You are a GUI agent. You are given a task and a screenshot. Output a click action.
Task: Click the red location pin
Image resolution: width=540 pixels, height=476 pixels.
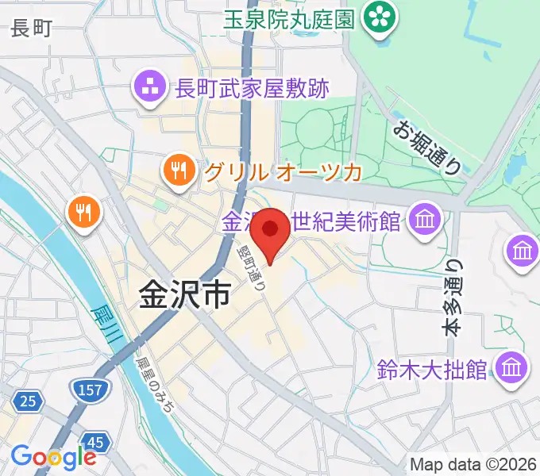[271, 232]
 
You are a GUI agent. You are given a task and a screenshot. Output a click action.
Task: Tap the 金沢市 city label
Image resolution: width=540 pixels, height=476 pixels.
[184, 295]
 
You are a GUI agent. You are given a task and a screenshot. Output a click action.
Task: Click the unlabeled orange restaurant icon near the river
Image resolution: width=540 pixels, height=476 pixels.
[83, 211]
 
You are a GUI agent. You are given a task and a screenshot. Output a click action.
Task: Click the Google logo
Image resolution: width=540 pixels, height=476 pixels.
[53, 457]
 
